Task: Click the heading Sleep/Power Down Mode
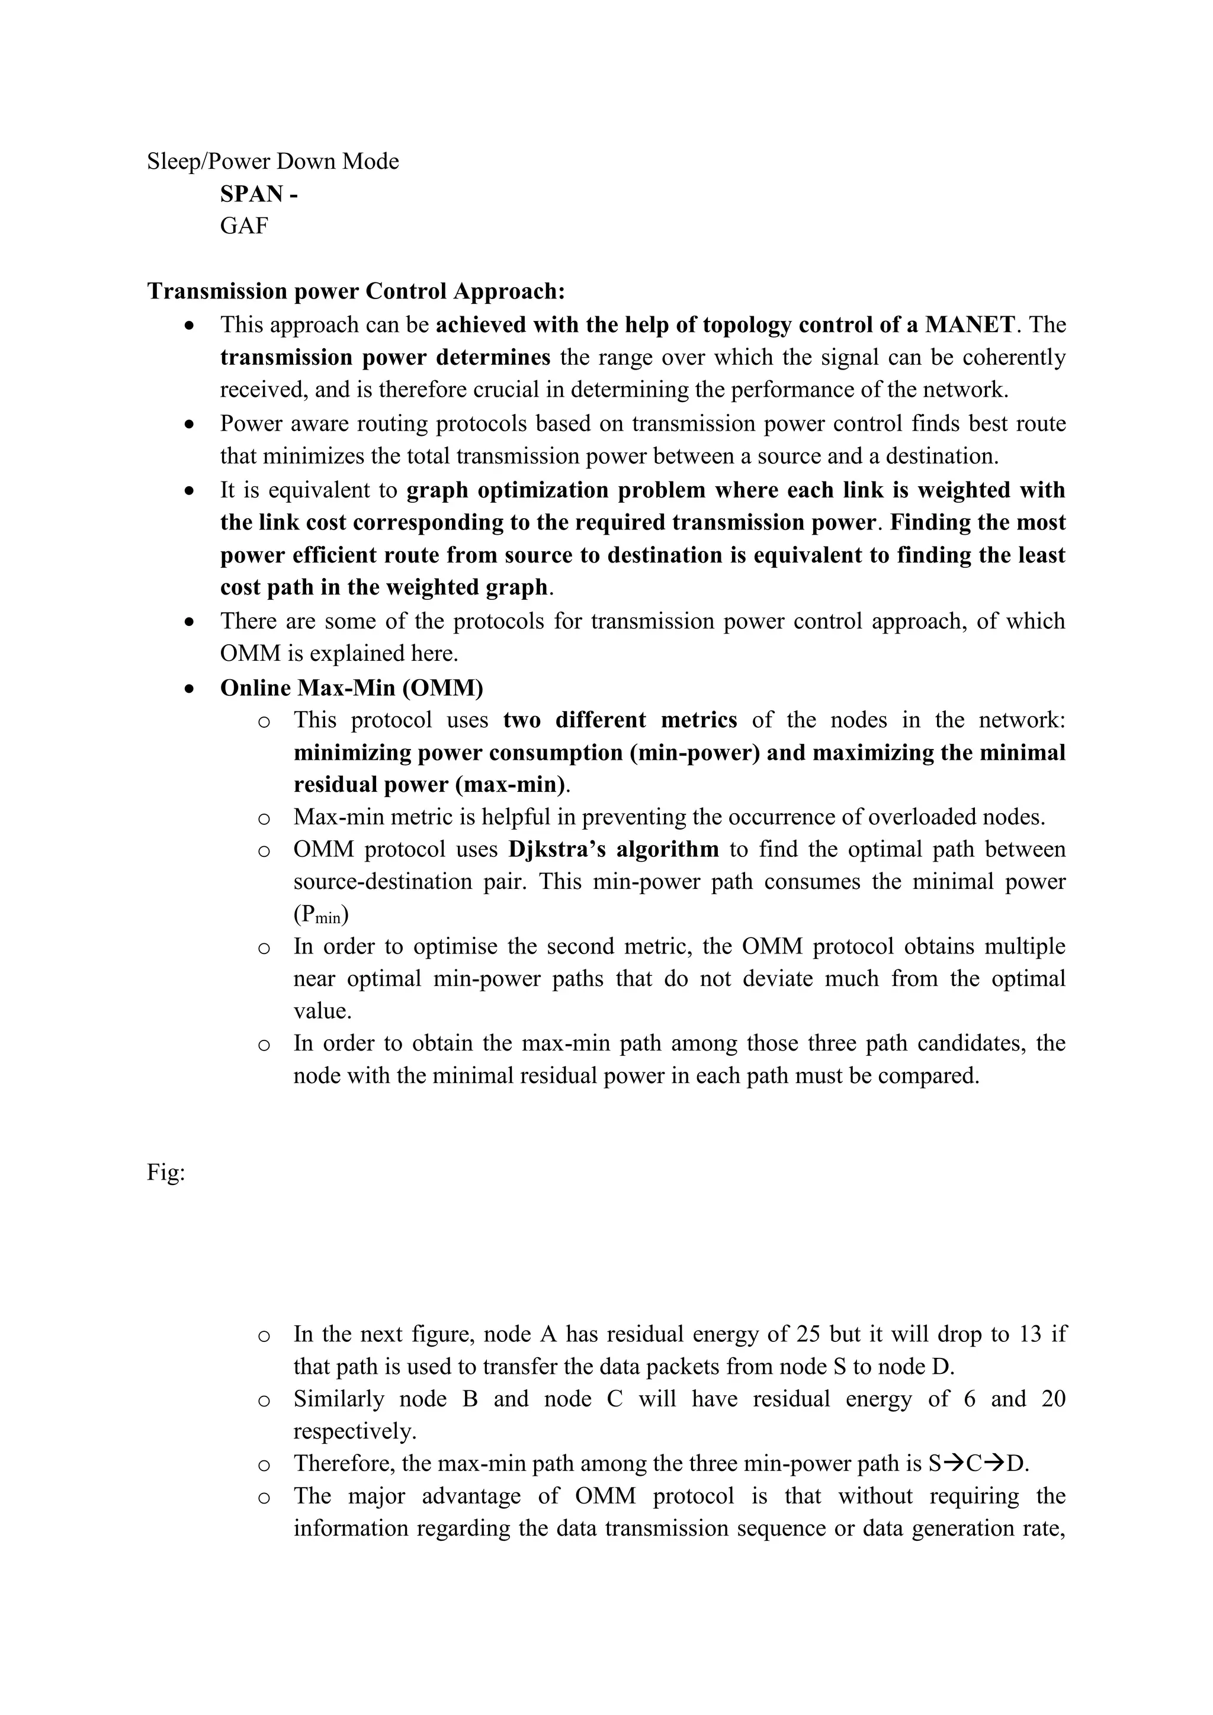click(x=272, y=161)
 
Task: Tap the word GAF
click(x=243, y=226)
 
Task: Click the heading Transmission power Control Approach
click(x=355, y=291)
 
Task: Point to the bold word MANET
click(x=970, y=325)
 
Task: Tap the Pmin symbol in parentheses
click(x=320, y=915)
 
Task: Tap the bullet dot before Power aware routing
click(x=191, y=424)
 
